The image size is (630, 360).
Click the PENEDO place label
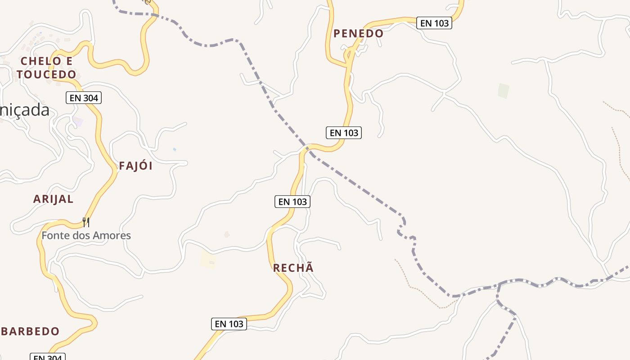(x=358, y=33)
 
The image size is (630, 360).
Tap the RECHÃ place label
(x=293, y=268)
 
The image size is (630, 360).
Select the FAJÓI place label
(x=135, y=166)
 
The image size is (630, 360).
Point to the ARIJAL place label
(x=53, y=199)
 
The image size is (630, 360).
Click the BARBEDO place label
(x=30, y=332)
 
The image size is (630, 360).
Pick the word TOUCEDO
(x=46, y=74)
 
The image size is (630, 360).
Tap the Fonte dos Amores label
(x=86, y=235)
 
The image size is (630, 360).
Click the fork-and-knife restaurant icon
(x=86, y=222)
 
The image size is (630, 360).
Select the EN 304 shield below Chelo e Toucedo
(x=84, y=98)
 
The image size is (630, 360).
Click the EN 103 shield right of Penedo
(x=434, y=23)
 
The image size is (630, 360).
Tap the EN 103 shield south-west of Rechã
(x=229, y=324)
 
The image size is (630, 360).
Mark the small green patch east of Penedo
(x=504, y=91)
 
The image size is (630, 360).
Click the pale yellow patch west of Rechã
(x=208, y=260)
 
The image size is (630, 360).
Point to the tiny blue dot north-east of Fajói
(x=175, y=149)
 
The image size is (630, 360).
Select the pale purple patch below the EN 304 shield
(x=78, y=122)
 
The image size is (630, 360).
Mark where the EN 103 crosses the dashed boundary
(x=307, y=148)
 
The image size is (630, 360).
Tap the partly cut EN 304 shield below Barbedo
(x=48, y=357)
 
